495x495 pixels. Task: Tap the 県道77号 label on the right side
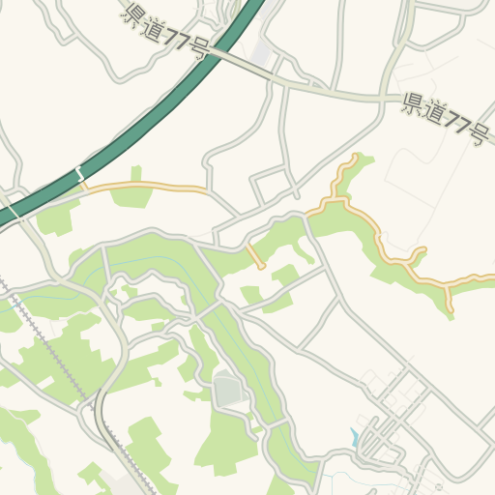coord(444,117)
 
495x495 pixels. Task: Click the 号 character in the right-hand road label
coord(476,134)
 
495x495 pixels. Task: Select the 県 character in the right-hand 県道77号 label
coord(412,102)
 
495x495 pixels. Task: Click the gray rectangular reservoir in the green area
coord(229,390)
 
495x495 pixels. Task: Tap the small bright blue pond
coord(355,438)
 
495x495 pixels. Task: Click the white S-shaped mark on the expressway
coord(79,175)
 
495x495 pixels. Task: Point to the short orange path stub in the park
coord(255,258)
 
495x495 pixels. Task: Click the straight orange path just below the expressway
coord(145,185)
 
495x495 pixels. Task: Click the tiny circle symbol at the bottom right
coord(438,485)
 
